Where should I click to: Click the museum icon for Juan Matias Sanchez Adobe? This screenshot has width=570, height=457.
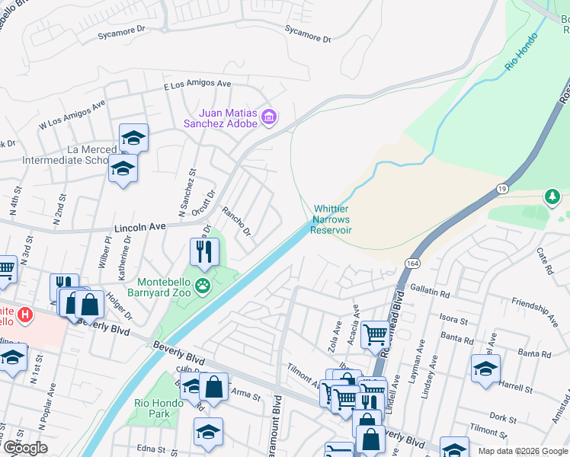point(268,117)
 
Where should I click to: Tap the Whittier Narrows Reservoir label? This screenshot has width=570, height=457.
point(331,219)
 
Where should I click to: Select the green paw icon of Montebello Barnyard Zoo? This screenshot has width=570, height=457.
point(203,286)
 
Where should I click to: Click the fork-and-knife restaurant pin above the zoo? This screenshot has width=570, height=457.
point(203,252)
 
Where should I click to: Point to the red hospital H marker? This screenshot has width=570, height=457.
point(25,313)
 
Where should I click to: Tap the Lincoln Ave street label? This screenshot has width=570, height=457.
point(139,228)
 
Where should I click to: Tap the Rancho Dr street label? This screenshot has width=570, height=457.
point(235,221)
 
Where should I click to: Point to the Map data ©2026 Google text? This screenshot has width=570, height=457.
point(522,451)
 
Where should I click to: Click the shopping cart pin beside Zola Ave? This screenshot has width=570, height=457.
point(375,334)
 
